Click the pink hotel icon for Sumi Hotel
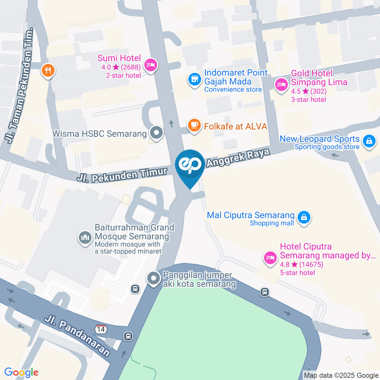(151, 65)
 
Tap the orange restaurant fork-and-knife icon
(48, 71)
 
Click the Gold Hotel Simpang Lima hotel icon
(281, 84)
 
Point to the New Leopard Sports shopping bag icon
(369, 141)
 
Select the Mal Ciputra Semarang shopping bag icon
(304, 217)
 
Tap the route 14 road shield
(101, 329)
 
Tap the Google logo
(21, 372)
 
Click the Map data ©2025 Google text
(341, 375)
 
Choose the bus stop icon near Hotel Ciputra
(265, 292)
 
